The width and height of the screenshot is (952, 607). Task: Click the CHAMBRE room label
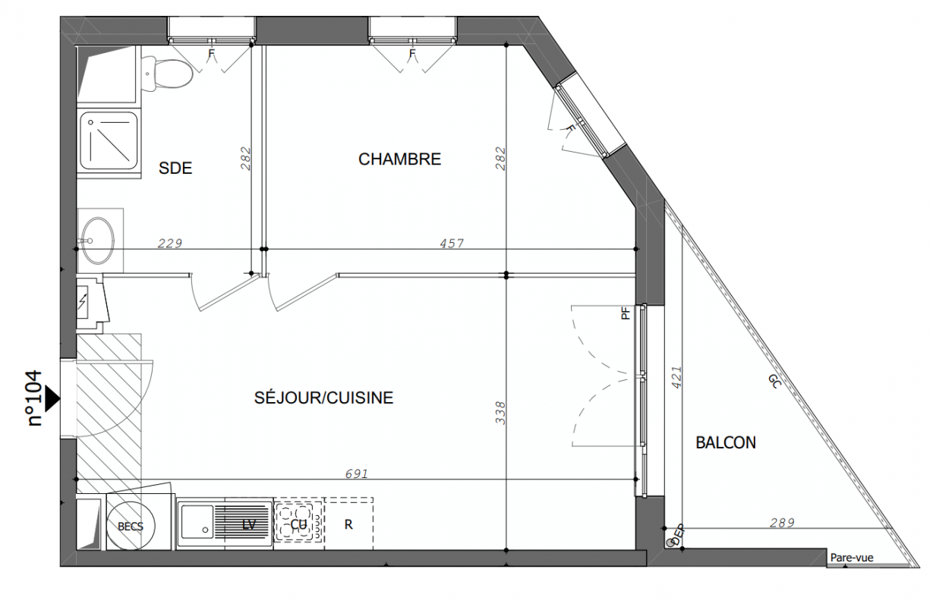point(399,159)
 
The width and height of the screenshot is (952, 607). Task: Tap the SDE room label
point(175,168)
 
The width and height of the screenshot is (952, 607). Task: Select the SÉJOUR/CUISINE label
point(323,398)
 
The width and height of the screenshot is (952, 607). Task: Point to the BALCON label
point(726,442)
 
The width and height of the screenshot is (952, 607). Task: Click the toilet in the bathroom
point(166,74)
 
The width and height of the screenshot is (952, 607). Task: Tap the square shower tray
point(109,140)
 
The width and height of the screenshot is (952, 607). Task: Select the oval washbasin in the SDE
point(98,241)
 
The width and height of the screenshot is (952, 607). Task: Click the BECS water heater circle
point(131,526)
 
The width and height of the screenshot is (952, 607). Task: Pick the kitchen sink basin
point(197,521)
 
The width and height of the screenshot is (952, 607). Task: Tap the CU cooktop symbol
point(298,524)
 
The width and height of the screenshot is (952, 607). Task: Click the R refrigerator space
point(348,524)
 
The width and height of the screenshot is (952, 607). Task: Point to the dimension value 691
point(357,473)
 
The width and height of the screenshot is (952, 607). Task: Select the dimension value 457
point(452,243)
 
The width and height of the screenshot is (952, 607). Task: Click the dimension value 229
point(170,243)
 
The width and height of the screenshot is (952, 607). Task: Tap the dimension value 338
point(500,413)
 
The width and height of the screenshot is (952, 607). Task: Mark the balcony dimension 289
point(782,523)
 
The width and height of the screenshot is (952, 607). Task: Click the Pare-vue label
point(852,558)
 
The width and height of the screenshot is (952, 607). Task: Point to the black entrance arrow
point(52,399)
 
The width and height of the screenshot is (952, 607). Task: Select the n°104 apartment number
point(35,398)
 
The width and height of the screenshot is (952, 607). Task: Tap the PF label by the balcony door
point(626,313)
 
